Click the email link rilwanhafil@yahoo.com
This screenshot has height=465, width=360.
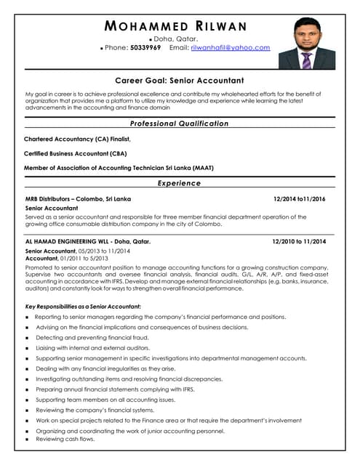coord(230,48)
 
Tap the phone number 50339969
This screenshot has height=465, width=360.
coord(145,48)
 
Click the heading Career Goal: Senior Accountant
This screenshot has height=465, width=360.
coord(180,81)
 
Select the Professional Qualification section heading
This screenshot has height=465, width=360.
coord(179,124)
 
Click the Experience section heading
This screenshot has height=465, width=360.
coord(179,183)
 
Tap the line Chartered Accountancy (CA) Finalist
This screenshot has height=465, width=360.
coord(77,139)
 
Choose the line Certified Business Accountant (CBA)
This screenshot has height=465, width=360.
coord(76,153)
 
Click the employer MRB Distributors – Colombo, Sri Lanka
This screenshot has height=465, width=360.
coord(78,198)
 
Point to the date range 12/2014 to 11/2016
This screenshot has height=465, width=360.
coord(299,198)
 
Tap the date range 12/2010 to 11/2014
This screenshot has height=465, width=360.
coord(299,241)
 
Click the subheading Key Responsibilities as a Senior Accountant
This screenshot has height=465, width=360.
coord(83,307)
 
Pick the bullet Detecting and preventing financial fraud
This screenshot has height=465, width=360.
coord(92,338)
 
